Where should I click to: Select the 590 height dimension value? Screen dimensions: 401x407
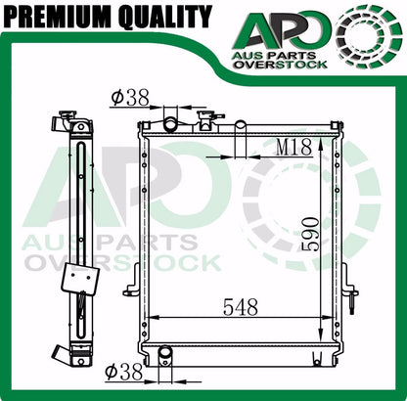[x=310, y=232]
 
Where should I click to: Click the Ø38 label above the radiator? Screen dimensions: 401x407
[x=131, y=97]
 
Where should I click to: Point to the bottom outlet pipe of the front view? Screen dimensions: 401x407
[x=163, y=355]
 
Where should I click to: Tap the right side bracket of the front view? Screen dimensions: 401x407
[x=351, y=290]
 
